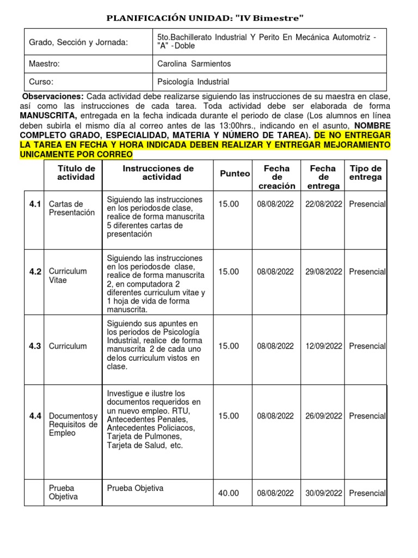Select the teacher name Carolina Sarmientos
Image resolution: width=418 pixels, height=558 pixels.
pyautogui.click(x=193, y=64)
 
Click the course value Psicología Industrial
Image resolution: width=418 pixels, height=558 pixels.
pyautogui.click(x=193, y=82)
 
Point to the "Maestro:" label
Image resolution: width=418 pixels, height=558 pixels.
pyautogui.click(x=44, y=64)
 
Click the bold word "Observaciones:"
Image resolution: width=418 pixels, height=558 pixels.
pyautogui.click(x=53, y=96)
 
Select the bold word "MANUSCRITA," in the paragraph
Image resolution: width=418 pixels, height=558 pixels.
pyautogui.click(x=48, y=116)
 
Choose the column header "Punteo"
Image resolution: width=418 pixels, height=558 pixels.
pyautogui.click(x=235, y=173)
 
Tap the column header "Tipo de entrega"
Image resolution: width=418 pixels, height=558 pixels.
pyautogui.click(x=365, y=172)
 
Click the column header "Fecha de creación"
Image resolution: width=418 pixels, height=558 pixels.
pyautogui.click(x=276, y=177)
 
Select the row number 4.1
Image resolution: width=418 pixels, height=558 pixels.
pyautogui.click(x=35, y=204)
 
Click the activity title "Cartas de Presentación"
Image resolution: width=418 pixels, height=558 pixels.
pyautogui.click(x=71, y=208)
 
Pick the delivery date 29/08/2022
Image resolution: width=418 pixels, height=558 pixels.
pyautogui.click(x=323, y=271)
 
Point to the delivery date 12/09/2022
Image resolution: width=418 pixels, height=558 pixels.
pyautogui.click(x=323, y=346)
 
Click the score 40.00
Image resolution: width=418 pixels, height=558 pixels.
pyautogui.click(x=229, y=493)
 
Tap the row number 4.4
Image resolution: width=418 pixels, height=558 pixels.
pyautogui.click(x=35, y=416)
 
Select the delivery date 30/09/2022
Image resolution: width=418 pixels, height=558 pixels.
pyautogui.click(x=323, y=493)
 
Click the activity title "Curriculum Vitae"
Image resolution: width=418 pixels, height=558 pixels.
pyautogui.click(x=67, y=275)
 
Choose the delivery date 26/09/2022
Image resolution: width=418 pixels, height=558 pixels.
pyautogui.click(x=323, y=416)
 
